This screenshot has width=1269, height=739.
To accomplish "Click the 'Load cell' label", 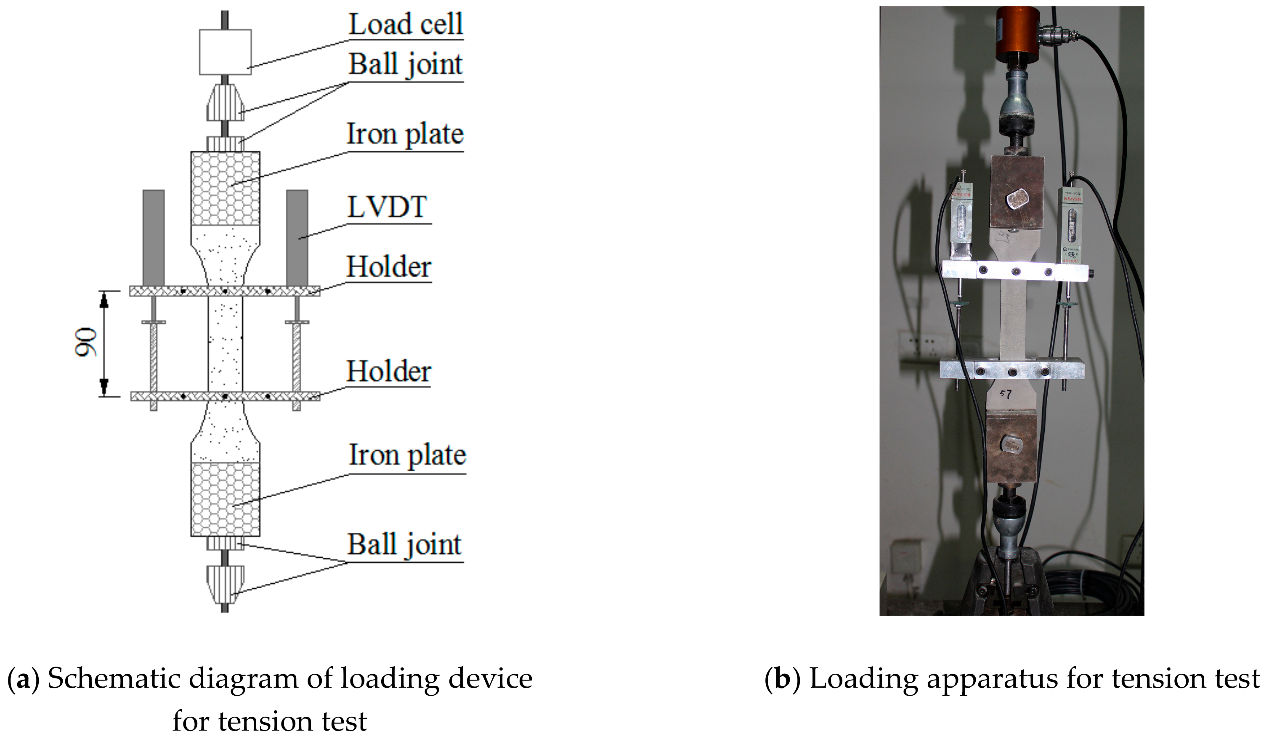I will [x=405, y=24].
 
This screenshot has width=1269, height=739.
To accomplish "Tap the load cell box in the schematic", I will [x=225, y=52].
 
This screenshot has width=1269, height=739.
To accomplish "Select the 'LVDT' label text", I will [x=387, y=207].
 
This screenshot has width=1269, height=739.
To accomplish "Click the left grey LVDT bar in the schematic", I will [x=154, y=237].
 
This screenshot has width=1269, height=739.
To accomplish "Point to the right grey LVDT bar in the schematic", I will [x=297, y=237].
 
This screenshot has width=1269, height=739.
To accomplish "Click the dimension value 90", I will [x=86, y=343].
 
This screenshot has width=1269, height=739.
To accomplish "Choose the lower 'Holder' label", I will [x=388, y=371].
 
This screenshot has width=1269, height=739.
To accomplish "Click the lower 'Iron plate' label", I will [x=407, y=455].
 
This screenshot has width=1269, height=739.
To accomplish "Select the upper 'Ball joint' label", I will [x=405, y=64].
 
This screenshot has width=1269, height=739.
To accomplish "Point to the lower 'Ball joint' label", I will [x=404, y=545].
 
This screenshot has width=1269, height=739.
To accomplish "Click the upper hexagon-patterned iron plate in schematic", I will [x=226, y=188].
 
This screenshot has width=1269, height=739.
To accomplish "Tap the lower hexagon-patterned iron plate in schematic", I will [x=226, y=499].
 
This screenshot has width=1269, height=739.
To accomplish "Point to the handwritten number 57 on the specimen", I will [x=1005, y=394].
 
